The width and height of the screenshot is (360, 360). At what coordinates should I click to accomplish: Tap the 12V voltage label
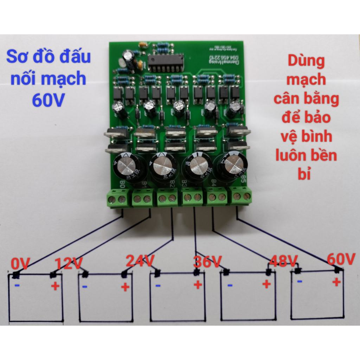69,264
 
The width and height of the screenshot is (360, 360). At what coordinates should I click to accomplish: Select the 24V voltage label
140,261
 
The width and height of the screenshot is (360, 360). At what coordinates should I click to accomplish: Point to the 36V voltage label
207,262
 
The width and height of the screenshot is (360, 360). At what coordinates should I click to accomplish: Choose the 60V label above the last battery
341,259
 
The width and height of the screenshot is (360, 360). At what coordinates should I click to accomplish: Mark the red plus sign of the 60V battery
336,282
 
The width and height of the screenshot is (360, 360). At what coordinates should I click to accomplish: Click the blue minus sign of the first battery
17,285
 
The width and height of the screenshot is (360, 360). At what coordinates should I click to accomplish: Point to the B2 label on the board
172,184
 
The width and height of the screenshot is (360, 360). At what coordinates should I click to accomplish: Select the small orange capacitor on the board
143,45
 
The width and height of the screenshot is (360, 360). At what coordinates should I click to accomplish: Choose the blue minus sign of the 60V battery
300,281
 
